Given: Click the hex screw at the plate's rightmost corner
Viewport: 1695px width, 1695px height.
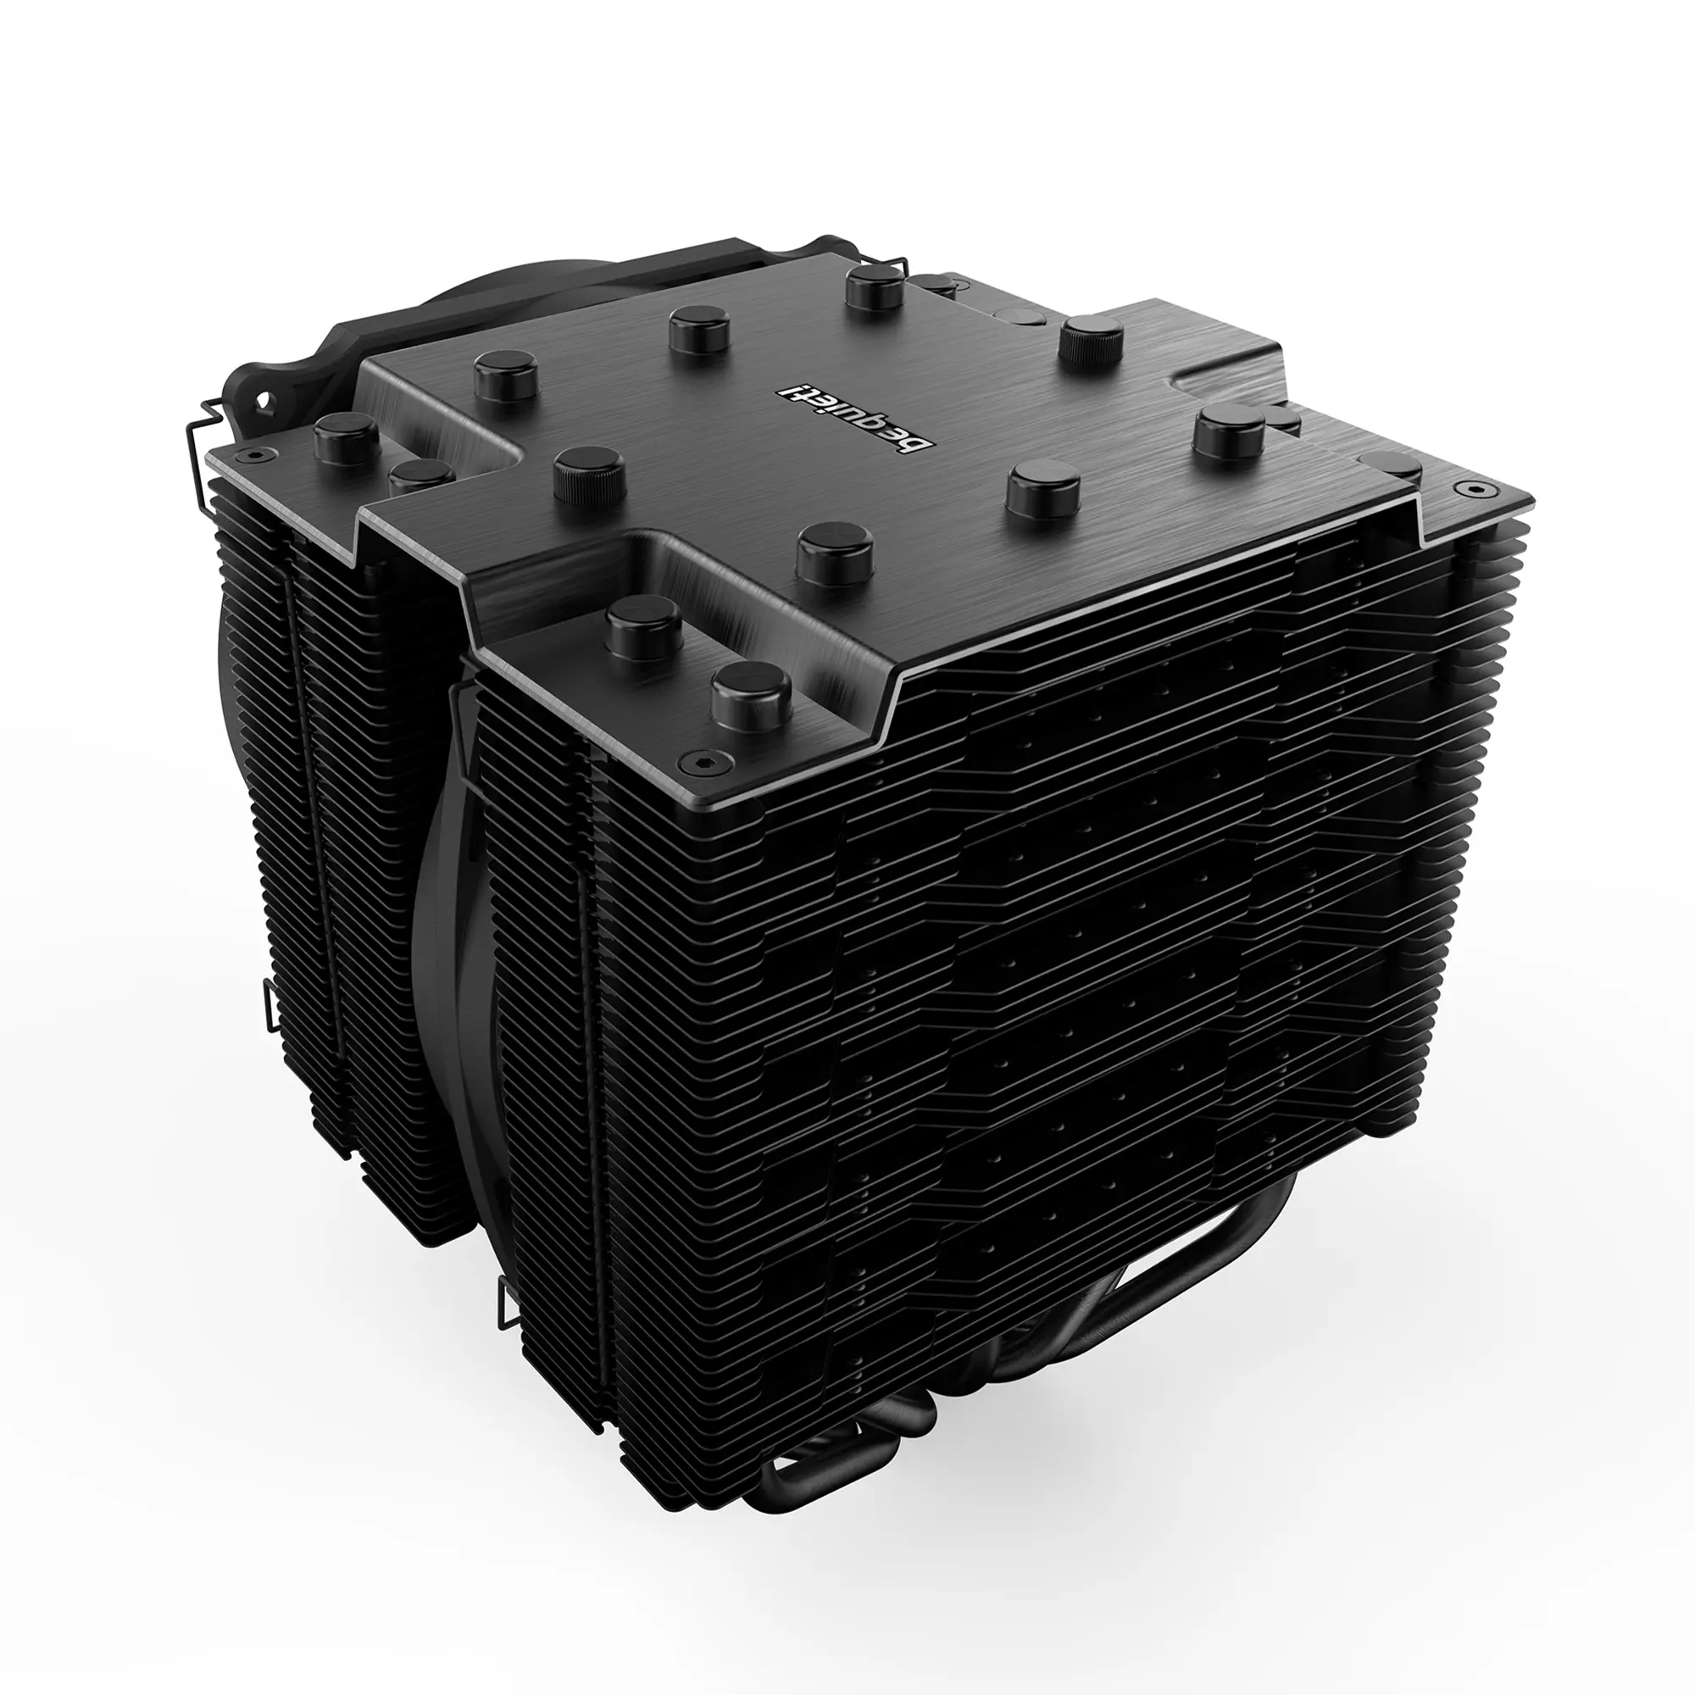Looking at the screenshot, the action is click(1481, 489).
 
